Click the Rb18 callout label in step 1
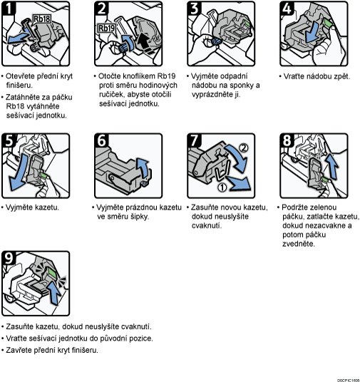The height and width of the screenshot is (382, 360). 41,19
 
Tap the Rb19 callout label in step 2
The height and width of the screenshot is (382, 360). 106,29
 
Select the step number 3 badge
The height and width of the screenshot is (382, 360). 195,9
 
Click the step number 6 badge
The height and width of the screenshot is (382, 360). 101,140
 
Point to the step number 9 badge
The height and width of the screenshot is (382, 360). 9,258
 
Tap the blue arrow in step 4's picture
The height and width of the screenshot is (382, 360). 312,31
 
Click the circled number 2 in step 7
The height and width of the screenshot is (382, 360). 243,148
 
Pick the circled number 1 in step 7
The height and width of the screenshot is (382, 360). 222,187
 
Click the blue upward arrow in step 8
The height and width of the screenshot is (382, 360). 332,166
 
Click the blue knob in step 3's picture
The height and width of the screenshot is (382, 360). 216,41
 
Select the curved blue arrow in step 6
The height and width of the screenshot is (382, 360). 143,167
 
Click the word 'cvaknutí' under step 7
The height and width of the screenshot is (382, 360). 207,226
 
